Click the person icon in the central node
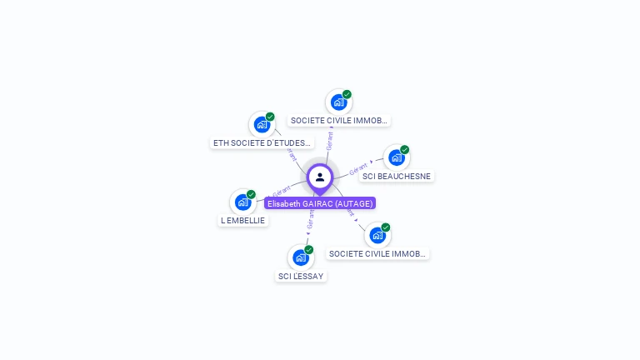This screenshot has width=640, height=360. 320,177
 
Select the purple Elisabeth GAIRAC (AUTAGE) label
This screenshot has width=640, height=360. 320,203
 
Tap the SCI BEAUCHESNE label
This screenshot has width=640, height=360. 397,176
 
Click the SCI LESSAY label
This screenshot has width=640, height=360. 301,276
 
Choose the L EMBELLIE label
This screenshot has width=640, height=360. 242,220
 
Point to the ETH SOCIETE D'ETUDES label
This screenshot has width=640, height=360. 262,142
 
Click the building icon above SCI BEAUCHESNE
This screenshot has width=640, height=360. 396,157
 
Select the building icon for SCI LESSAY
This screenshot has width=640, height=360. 300,257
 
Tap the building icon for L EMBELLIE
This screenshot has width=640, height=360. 242,202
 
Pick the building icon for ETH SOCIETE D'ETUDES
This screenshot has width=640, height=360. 262,125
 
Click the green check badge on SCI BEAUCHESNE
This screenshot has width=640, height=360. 404,150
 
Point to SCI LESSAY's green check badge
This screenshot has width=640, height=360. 308,249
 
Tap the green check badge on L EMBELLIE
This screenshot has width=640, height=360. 251,194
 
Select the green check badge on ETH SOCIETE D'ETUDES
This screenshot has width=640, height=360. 270,117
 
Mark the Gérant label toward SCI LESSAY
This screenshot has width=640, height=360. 311,219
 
